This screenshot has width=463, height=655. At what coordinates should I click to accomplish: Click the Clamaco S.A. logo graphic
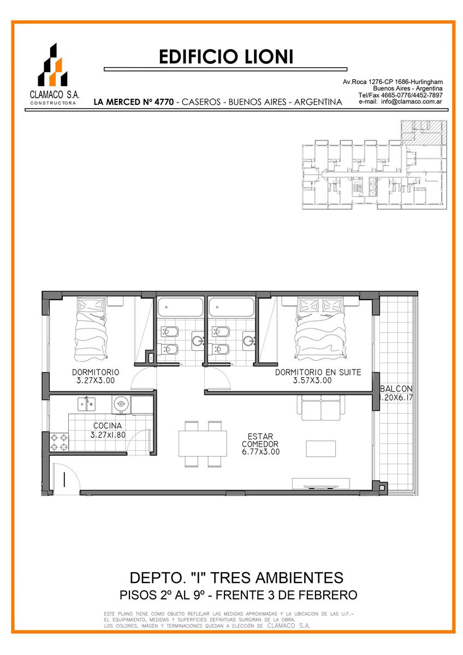(52, 64)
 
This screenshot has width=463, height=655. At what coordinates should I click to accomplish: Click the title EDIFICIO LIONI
(226, 57)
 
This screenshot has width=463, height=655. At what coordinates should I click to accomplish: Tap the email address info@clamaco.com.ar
(412, 102)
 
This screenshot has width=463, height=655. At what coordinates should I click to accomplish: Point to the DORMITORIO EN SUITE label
(318, 372)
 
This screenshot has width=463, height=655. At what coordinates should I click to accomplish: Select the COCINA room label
(108, 426)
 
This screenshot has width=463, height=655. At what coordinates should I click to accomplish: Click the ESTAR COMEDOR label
(260, 440)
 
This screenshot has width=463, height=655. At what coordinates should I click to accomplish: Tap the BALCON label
(396, 389)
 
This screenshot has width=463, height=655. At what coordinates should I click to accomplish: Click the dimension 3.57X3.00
(312, 380)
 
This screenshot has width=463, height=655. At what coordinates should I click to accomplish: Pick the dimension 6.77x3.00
(260, 452)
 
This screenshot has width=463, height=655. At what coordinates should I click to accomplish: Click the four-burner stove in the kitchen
(59, 442)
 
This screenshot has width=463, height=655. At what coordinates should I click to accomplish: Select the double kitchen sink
(86, 404)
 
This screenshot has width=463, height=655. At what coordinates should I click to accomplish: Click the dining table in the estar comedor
(203, 444)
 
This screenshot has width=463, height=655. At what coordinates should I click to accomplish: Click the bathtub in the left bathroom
(180, 307)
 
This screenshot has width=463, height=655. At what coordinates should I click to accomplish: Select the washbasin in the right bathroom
(249, 341)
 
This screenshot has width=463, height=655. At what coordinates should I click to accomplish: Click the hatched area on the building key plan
(424, 132)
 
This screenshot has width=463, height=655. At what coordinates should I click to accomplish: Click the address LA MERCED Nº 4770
(134, 102)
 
